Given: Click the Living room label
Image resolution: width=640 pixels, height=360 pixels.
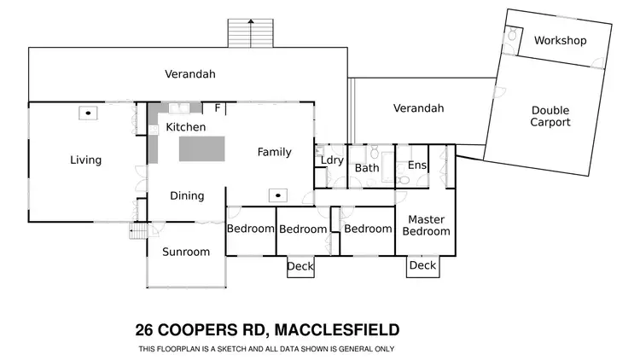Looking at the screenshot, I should [x=85, y=160].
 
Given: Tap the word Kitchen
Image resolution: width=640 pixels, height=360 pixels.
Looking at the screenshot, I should [x=185, y=127].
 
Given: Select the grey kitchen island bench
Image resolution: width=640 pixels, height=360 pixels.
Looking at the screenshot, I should [x=202, y=148].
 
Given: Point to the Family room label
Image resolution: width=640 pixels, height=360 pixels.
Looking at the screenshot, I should [x=274, y=152].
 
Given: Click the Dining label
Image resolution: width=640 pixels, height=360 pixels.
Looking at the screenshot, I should [x=187, y=195].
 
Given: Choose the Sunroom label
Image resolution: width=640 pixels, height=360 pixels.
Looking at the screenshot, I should [x=186, y=252].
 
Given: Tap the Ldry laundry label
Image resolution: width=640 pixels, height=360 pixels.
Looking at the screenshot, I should [x=331, y=160].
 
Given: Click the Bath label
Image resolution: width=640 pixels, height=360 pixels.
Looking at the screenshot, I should [x=367, y=168].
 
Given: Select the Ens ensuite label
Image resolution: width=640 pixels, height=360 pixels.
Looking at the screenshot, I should [x=417, y=165].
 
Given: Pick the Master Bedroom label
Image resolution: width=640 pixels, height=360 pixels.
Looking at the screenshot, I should [x=426, y=225].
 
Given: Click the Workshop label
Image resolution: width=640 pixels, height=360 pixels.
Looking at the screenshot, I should [x=560, y=40].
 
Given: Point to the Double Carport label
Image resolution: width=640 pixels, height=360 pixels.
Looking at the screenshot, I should [x=550, y=116].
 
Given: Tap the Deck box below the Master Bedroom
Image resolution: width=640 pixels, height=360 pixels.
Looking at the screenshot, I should [x=422, y=266].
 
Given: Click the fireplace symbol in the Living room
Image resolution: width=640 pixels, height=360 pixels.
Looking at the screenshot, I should [x=88, y=112].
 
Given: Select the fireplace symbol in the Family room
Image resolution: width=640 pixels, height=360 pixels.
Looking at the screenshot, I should [x=276, y=195].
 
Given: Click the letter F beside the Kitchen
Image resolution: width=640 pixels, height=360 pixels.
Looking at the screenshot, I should [x=218, y=108].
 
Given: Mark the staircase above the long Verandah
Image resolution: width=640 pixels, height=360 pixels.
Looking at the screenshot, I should [x=249, y=32].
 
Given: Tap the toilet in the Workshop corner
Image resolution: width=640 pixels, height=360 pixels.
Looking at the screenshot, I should [x=513, y=36].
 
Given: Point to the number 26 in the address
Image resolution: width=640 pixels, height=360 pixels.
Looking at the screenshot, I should [x=146, y=330].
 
